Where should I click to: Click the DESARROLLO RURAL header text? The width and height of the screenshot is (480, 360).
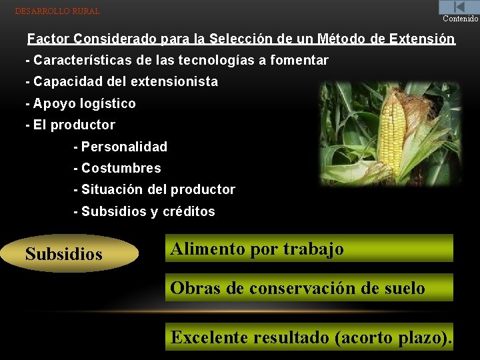(57, 11)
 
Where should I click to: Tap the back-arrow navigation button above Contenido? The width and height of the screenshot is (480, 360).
(459, 7)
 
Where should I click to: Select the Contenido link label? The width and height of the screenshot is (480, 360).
(461, 19)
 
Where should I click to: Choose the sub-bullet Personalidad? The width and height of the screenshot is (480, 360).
(120, 147)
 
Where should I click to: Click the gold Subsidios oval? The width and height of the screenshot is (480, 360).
(71, 254)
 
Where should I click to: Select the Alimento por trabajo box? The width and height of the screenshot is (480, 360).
(309, 249)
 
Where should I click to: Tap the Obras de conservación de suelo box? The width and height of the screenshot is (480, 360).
(309, 288)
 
